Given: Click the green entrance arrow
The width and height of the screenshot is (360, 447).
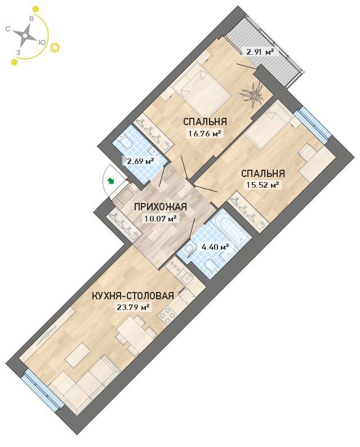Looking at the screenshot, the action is (x=110, y=180).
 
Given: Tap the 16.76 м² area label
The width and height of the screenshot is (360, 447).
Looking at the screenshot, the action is (x=204, y=133).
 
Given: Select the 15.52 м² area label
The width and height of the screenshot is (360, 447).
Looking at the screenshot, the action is (x=261, y=185).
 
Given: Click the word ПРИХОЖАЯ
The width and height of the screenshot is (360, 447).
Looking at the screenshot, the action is (x=160, y=206).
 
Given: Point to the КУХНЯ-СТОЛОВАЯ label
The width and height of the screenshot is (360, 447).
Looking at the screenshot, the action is (x=132, y=295).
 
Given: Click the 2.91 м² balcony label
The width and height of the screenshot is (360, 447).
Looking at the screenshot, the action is (x=257, y=52).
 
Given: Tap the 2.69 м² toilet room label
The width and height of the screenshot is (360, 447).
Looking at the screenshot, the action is (x=138, y=161).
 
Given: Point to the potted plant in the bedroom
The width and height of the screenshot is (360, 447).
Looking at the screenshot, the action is (x=252, y=94).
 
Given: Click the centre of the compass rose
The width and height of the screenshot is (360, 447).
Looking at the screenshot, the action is (x=25, y=36).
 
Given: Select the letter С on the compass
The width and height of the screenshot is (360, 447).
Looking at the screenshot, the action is (x=8, y=29).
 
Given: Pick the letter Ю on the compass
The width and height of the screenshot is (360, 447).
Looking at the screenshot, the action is (x=42, y=42).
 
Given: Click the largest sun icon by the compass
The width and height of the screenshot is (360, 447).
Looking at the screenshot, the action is (x=55, y=47).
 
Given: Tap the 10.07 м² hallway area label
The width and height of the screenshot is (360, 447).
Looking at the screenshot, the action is (x=160, y=219).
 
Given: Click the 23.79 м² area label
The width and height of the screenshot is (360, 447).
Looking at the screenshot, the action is (x=132, y=308).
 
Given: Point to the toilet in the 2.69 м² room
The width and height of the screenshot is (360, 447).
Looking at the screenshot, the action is (x=126, y=141).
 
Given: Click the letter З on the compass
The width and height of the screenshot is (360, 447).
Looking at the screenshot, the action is (x=19, y=53).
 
